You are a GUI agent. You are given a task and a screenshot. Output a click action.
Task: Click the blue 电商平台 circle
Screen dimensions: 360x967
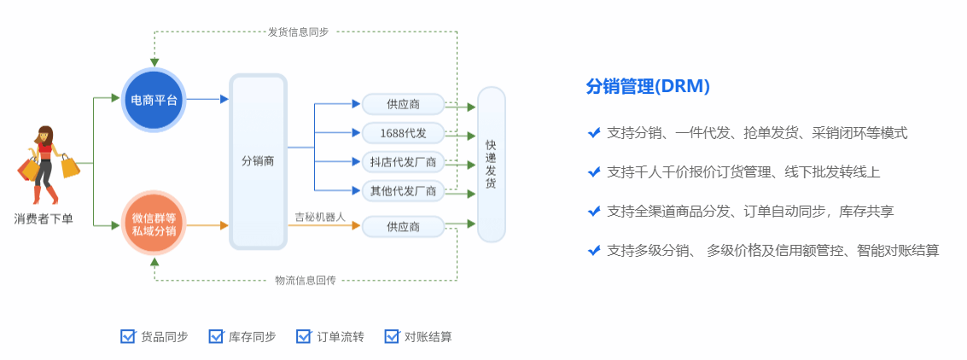tap(154, 100)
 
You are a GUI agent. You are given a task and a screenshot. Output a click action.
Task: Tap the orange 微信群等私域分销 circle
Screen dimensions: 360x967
tap(154, 224)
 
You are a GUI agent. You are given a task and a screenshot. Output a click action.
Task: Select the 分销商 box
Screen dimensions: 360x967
tap(258, 161)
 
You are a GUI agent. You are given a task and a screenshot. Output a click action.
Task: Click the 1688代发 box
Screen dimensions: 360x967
tap(403, 132)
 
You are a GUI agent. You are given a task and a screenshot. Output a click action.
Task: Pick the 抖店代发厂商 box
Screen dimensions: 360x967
tap(403, 161)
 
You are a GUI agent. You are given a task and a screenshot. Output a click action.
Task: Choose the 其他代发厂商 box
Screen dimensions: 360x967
tap(403, 190)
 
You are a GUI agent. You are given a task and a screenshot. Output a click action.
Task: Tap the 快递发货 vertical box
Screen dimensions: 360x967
tap(492, 164)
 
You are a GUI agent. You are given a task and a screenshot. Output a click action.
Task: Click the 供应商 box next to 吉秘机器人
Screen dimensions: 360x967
tap(403, 226)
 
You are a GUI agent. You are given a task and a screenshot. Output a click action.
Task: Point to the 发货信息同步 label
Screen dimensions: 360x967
tap(298, 32)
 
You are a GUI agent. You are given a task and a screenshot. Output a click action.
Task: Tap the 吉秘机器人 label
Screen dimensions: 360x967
tap(319, 217)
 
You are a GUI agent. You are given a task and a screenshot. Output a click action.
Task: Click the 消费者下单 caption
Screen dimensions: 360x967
tap(44, 218)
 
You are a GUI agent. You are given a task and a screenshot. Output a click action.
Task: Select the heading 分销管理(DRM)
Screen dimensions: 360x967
tap(649, 86)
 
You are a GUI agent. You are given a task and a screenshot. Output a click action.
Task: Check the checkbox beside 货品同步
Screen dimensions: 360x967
tap(128, 336)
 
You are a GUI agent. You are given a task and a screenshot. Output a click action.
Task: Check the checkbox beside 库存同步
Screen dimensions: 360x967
tap(216, 336)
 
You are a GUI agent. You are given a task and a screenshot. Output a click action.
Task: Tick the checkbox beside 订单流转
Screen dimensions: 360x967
tap(303, 336)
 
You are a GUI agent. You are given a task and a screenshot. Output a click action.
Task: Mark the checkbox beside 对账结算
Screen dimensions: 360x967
tap(392, 336)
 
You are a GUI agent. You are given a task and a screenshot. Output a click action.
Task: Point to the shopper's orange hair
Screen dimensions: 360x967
tap(44, 136)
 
